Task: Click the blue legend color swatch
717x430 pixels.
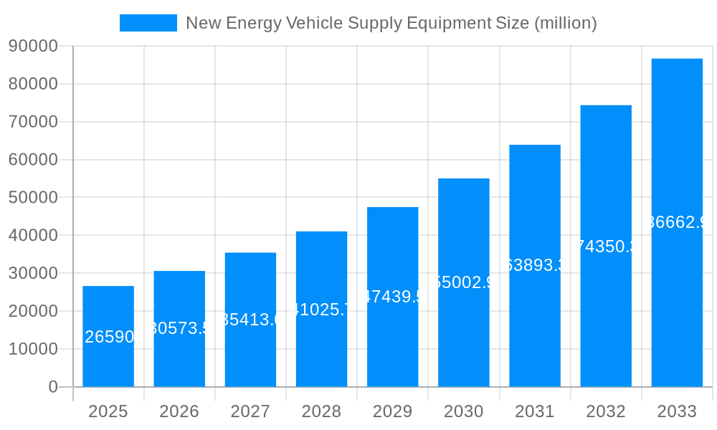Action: click(x=148, y=23)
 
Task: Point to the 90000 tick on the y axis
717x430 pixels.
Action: click(x=33, y=46)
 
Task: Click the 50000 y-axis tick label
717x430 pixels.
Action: click(x=33, y=198)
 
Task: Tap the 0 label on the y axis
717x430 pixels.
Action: click(x=52, y=387)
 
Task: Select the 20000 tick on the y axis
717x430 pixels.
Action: click(x=33, y=311)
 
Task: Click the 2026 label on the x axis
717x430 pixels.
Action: click(x=179, y=411)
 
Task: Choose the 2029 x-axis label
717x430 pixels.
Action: click(x=393, y=411)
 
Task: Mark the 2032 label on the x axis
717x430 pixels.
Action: click(x=606, y=411)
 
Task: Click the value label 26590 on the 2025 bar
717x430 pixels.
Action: click(x=109, y=337)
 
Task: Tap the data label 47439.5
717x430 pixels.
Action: click(x=393, y=297)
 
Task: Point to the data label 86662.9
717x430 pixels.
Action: click(x=677, y=222)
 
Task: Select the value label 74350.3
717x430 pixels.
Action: click(x=606, y=247)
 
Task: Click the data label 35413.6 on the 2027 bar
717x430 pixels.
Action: click(x=250, y=320)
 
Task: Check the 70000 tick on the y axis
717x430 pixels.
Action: click(x=33, y=122)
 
